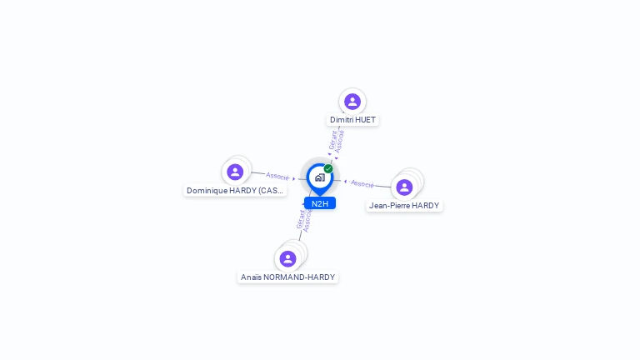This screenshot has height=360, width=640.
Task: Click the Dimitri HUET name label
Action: [352, 120]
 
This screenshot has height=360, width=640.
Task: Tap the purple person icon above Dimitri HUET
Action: [352, 102]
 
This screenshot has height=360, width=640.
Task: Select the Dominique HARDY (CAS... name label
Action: [235, 191]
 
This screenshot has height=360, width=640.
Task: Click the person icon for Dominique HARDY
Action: [235, 172]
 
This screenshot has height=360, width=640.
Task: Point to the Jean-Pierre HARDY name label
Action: [404, 206]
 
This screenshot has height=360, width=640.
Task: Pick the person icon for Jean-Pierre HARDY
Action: [404, 187]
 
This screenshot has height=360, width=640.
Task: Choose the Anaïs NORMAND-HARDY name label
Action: [287, 277]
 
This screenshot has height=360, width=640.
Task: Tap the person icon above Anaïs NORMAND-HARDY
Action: [287, 258]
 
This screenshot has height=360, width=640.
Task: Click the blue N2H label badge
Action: [320, 203]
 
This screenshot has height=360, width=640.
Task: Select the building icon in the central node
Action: [319, 177]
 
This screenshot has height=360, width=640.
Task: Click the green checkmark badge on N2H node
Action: [328, 169]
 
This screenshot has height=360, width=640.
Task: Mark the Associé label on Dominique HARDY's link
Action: [277, 176]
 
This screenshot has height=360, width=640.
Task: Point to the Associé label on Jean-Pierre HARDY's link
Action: [362, 183]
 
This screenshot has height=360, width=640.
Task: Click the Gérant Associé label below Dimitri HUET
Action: [336, 140]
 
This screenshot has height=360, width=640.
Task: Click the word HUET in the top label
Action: [364, 120]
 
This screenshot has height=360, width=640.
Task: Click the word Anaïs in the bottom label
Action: [251, 277]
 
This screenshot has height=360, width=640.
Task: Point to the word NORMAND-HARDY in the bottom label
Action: [299, 277]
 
